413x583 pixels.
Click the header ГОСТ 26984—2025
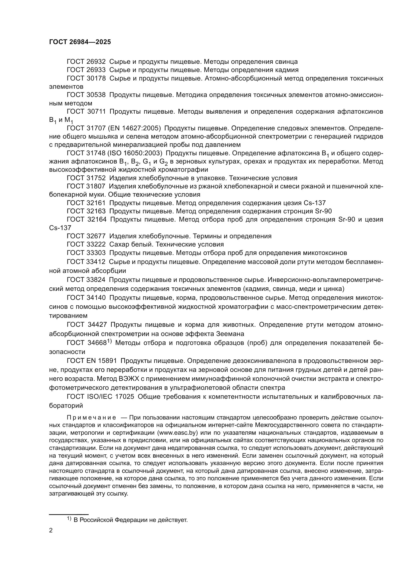pyautogui.click(x=80, y=42)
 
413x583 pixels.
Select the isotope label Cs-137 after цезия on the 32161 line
pyautogui.click(x=315, y=203)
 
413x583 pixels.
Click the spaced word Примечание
pyautogui.click(x=91, y=418)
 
